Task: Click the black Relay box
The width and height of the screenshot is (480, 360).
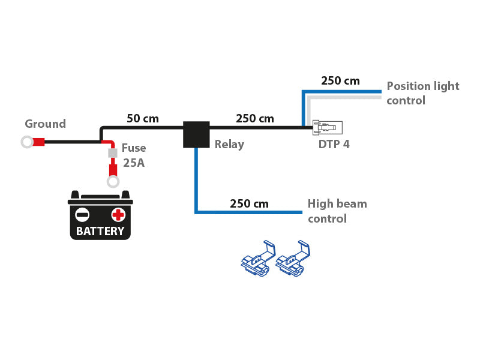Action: pyautogui.click(x=196, y=134)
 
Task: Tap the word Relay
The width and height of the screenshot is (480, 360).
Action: pyautogui.click(x=229, y=145)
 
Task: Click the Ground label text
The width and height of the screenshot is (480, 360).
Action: pyautogui.click(x=45, y=124)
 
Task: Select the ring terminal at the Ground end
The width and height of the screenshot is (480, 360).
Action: pyautogui.click(x=27, y=142)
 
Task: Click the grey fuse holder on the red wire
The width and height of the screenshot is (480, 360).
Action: pyautogui.click(x=112, y=154)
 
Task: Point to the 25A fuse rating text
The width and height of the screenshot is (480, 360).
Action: pyautogui.click(x=133, y=163)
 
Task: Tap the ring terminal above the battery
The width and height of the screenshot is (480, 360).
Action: pyautogui.click(x=113, y=182)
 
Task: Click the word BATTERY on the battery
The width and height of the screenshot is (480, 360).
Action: pyautogui.click(x=100, y=231)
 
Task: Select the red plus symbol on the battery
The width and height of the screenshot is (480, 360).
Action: pyautogui.click(x=118, y=214)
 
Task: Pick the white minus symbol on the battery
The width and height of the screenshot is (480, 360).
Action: pyautogui.click(x=82, y=214)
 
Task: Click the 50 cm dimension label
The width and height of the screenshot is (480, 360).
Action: pyautogui.click(x=143, y=119)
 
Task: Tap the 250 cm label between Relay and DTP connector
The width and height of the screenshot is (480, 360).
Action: pyautogui.click(x=255, y=119)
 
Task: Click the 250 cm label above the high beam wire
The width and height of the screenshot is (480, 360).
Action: pyautogui.click(x=249, y=204)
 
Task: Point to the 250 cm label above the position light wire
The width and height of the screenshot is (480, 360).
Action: pyautogui.click(x=340, y=81)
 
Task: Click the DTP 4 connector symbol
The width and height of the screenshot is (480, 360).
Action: pyautogui.click(x=327, y=128)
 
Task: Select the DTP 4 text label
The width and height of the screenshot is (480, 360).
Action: pyautogui.click(x=334, y=145)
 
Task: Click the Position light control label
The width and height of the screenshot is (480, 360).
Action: pyautogui.click(x=422, y=93)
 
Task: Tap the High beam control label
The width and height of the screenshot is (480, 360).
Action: pyautogui.click(x=337, y=211)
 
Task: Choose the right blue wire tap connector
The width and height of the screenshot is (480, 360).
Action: pyautogui.click(x=293, y=261)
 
